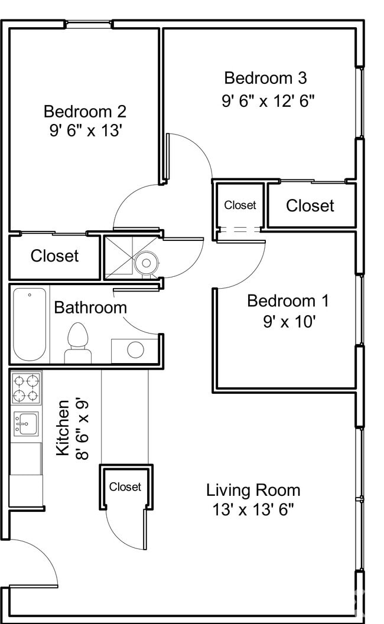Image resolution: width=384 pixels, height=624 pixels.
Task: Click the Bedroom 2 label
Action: point(85,111)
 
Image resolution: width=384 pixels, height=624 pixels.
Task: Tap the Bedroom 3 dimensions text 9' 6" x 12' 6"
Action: point(268,100)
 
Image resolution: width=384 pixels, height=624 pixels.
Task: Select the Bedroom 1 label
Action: point(288,300)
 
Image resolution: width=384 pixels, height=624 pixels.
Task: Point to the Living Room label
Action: point(253,490)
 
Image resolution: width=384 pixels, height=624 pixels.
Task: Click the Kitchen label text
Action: point(63,427)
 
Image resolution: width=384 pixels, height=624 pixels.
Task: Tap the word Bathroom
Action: point(90,308)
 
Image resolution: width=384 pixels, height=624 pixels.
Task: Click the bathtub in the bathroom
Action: point(30,324)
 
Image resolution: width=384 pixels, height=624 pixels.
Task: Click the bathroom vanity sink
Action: point(135,349)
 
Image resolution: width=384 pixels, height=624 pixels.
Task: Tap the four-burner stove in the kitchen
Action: point(26,388)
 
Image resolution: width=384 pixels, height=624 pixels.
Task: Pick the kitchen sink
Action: point(25,423)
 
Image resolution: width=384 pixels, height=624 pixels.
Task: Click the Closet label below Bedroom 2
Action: point(54,256)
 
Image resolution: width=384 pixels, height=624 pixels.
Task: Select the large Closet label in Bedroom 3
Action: point(310,205)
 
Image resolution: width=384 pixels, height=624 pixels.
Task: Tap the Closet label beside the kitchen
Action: point(125,487)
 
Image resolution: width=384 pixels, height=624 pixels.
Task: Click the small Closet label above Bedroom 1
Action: point(240,205)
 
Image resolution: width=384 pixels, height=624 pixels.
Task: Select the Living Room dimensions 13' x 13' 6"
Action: point(253,510)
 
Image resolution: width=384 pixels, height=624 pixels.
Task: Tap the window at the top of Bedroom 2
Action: point(89,24)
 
